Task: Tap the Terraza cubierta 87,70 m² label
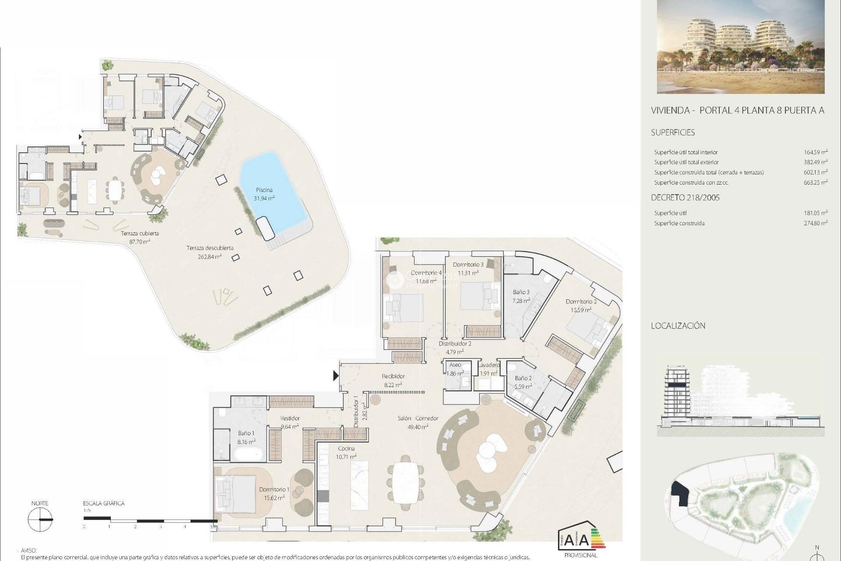tap(140, 237)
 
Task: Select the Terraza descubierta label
tap(210, 248)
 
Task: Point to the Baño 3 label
tap(521, 292)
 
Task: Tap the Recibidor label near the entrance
tap(393, 376)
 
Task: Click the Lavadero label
tap(488, 365)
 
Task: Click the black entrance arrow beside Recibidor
tap(336, 376)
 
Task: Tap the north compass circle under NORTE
tap(40, 520)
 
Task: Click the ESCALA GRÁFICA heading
tap(104, 504)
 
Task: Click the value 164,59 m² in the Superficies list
tap(815, 153)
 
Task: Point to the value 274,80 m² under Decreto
tap(815, 224)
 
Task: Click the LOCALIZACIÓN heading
tap(678, 326)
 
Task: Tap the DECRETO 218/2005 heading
tap(685, 198)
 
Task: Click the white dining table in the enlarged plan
tap(406, 483)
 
